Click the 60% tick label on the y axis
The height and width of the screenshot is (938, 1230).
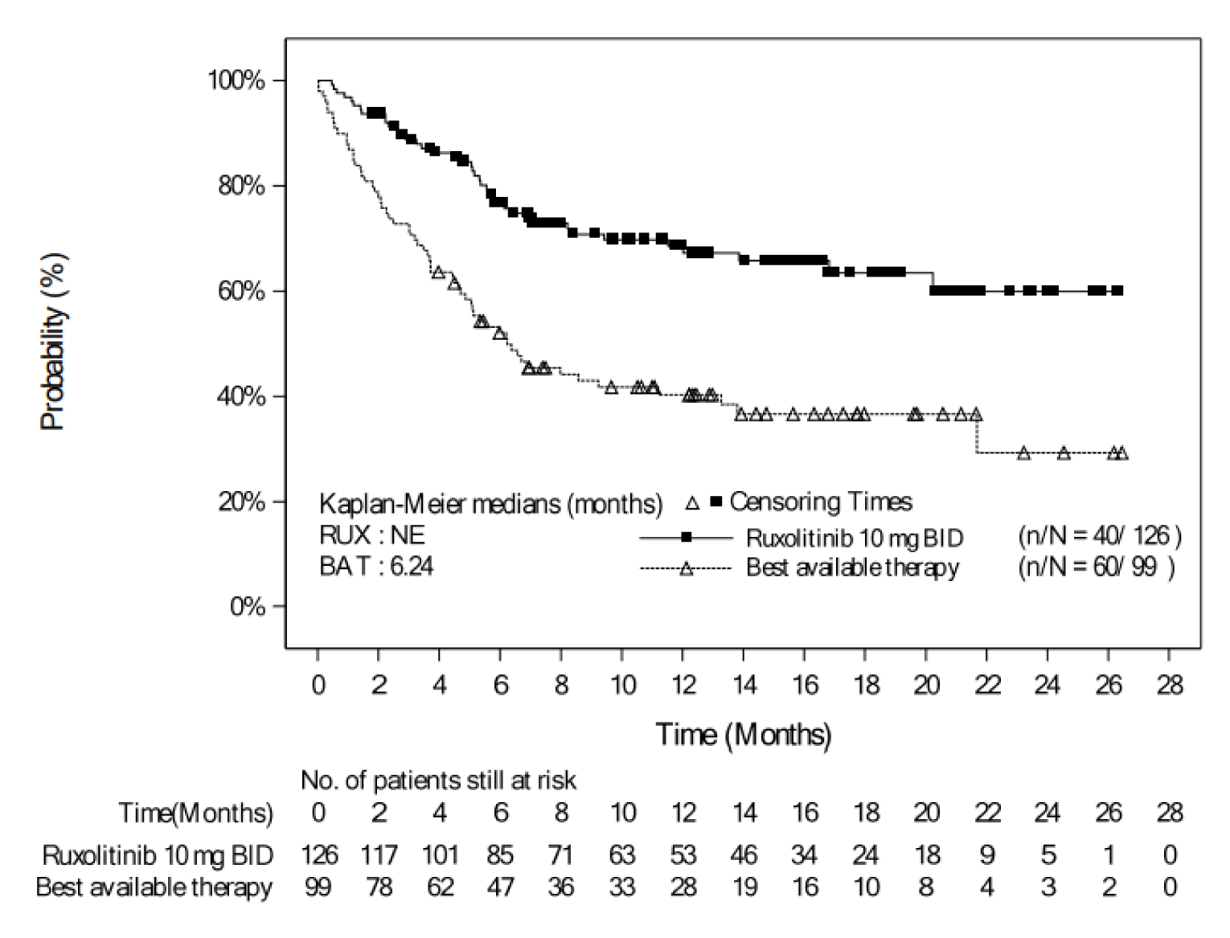coord(237,291)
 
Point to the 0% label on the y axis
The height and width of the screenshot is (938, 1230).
coord(247,606)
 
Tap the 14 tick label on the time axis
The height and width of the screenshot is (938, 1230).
coord(744,686)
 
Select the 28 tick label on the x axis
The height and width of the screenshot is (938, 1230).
coord(1170,686)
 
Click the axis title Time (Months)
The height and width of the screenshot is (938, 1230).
coord(744,735)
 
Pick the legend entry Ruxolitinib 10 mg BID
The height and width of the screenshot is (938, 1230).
coord(854,537)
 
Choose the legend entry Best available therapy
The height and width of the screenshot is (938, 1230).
coord(852,568)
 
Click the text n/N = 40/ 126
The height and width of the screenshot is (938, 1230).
coord(1099,536)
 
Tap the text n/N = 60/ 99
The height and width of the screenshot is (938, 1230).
coord(1097,567)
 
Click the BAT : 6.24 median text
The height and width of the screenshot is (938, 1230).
coord(376,567)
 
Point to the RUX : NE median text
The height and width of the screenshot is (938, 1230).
coord(372,535)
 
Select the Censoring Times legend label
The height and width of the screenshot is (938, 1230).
coord(820,502)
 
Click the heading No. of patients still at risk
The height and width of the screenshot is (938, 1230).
coord(438,780)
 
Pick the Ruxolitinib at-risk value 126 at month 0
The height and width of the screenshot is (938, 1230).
coord(318,854)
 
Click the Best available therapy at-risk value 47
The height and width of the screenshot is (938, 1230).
coord(500,887)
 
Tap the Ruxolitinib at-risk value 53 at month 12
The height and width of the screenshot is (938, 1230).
coord(683,854)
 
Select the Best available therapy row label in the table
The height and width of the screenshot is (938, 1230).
coord(154,887)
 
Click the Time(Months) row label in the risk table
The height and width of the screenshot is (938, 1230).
coord(195,813)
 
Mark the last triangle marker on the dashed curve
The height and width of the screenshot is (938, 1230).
coord(1122,453)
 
